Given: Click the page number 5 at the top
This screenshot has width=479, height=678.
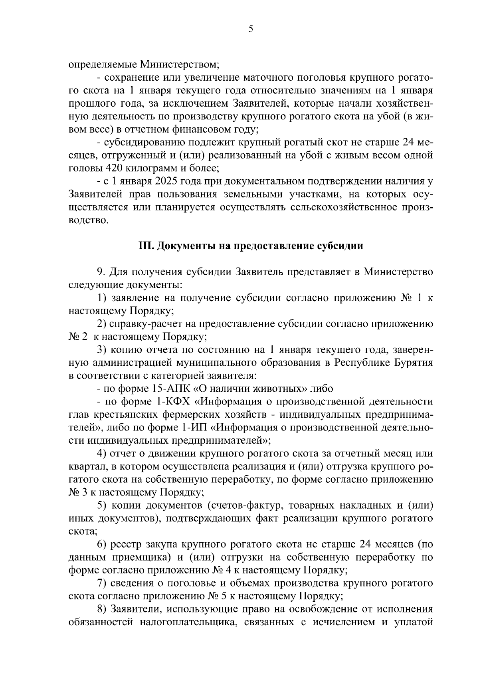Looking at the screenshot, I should point(251,29).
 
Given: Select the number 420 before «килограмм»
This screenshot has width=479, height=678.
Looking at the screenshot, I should point(115,168).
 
